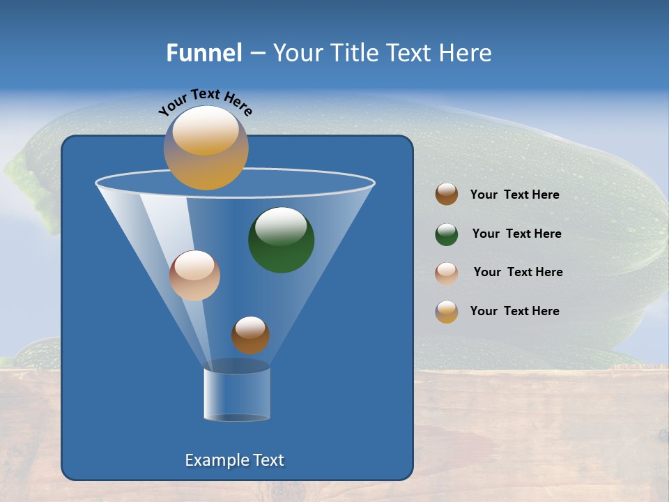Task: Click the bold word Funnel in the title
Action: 203,53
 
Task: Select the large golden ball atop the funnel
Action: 206,148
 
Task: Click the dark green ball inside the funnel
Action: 282,241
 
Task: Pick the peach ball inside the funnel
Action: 194,276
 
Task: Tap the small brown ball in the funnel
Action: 250,335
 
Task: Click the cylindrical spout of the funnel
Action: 237,394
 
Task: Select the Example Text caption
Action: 235,460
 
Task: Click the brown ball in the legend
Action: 447,195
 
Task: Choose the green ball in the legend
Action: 447,234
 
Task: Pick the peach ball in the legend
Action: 447,273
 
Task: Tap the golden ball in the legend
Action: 447,312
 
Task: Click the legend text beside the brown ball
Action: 514,195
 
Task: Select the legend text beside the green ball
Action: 516,234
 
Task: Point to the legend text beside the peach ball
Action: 518,273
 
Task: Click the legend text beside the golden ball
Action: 514,312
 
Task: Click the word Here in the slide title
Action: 466,53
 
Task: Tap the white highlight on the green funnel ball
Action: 280,226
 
